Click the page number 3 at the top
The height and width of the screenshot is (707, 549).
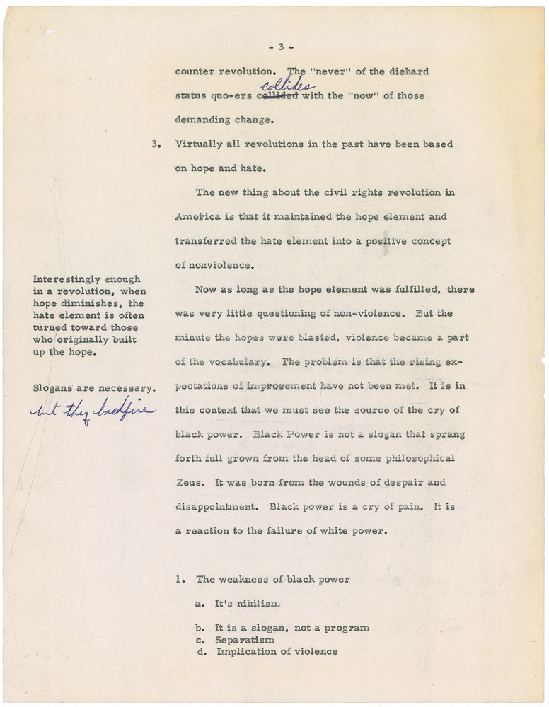tap(280, 47)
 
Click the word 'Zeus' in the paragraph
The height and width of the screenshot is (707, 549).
tap(188, 483)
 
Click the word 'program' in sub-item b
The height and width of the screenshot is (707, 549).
tap(347, 628)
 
